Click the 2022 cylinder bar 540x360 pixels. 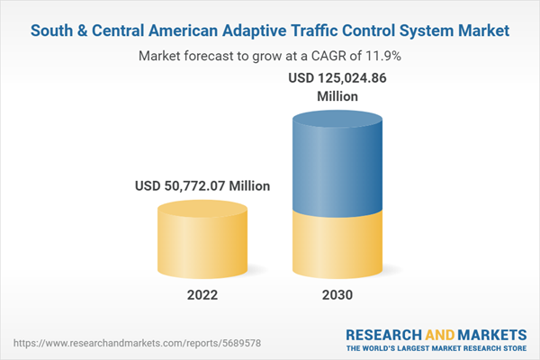(x=202, y=240)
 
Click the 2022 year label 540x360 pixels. (x=202, y=295)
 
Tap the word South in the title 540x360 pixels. (x=51, y=31)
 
